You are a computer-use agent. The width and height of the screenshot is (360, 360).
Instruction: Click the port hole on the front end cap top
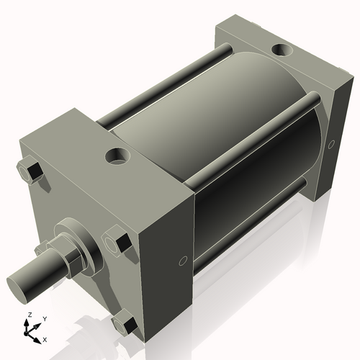coord(115,155)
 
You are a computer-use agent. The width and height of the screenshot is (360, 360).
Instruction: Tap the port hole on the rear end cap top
coord(280,52)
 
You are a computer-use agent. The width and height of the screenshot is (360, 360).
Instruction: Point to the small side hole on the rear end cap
coord(332,144)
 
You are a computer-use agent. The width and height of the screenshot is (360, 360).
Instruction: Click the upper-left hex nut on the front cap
coord(31,173)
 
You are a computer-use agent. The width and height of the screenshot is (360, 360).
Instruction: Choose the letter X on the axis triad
coord(45,338)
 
